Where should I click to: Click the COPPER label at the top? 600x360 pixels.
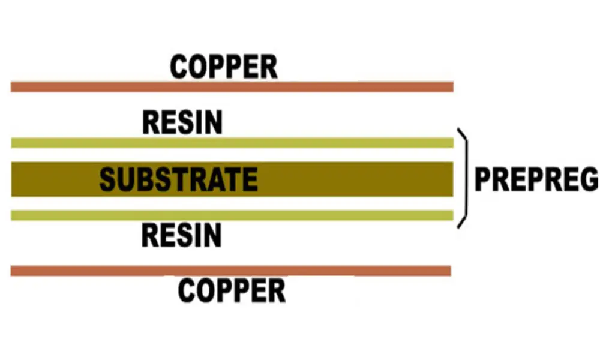(224, 67)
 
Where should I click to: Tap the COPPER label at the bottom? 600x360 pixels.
(232, 290)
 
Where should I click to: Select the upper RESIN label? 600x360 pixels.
(182, 122)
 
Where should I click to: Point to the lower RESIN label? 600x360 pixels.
(182, 235)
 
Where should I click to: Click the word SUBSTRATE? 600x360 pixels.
(178, 179)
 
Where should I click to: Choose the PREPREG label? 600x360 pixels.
(536, 179)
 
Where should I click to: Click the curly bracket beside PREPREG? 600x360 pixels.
(463, 178)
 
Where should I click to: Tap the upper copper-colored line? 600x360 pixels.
(232, 87)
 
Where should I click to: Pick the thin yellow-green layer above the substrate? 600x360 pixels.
(232, 143)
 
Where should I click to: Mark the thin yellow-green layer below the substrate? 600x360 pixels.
(232, 215)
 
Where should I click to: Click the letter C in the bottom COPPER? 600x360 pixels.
(188, 290)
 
